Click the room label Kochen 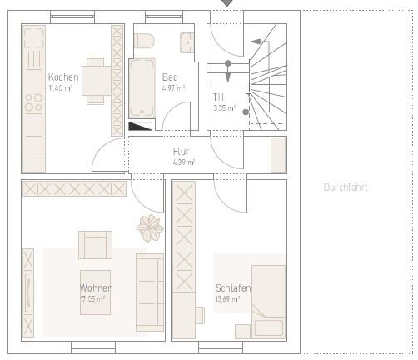63,77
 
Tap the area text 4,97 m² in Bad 173,88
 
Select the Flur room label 181,152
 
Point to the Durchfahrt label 346,187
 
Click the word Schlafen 233,288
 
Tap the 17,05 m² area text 92,299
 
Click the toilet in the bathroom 144,41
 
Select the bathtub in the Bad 142,88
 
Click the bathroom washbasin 187,42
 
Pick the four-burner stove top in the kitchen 33,102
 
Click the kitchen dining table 97,81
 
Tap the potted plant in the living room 150,227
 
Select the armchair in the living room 95,245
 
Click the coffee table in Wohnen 95,292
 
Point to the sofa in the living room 150,292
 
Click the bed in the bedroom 268,302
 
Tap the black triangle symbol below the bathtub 140,126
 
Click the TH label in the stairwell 218,97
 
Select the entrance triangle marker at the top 227,2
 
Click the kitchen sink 34,37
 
